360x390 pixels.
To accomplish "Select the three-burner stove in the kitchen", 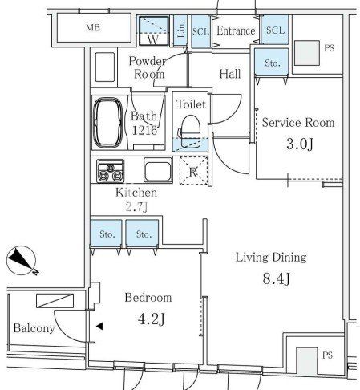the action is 111,171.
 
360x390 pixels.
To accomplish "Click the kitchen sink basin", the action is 158,169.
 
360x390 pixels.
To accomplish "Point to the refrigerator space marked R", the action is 193,171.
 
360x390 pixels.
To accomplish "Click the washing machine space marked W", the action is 153,30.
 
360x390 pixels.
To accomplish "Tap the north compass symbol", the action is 22,261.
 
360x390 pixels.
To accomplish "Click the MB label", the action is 93,27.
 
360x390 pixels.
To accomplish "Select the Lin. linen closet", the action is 180,30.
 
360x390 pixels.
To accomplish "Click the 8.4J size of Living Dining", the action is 276,278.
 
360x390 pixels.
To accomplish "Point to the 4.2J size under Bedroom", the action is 152,319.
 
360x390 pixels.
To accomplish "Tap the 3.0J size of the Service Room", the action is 300,144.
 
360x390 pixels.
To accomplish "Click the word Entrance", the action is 236,30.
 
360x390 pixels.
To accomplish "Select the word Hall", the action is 230,74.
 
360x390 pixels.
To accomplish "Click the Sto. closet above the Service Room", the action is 272,62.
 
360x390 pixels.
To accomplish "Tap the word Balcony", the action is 34,328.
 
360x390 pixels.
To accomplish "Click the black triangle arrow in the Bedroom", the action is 99,326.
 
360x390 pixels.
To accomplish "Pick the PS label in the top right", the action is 330,48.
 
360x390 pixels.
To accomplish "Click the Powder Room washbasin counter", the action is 105,67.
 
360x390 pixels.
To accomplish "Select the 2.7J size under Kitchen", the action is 136,207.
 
